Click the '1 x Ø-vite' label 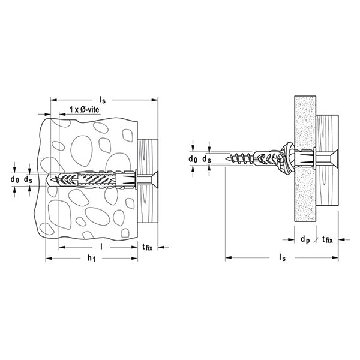click(85, 110)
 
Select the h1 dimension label click(92, 258)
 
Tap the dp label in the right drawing click(305, 239)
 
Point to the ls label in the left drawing click(102, 100)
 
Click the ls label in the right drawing click(282, 257)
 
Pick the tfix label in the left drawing click(147, 247)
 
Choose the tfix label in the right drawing click(328, 239)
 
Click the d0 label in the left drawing click(15, 179)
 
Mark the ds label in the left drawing click(28, 179)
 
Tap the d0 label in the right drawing click(193, 159)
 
